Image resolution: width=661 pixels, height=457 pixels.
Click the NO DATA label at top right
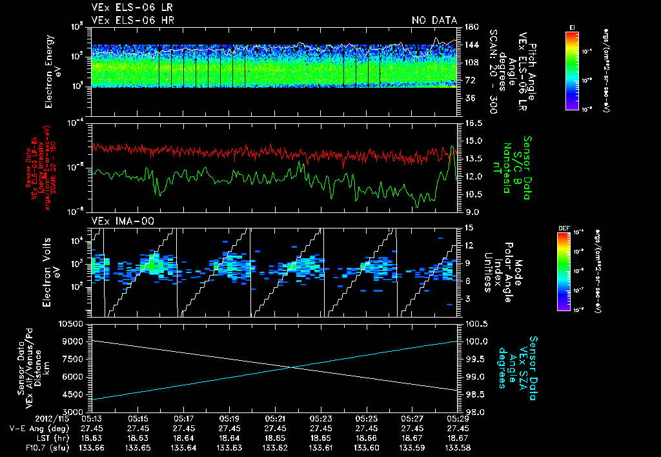[434, 20]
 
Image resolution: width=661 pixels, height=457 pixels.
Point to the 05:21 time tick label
[275, 418]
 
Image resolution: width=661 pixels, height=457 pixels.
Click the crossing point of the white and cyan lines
[292, 367]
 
